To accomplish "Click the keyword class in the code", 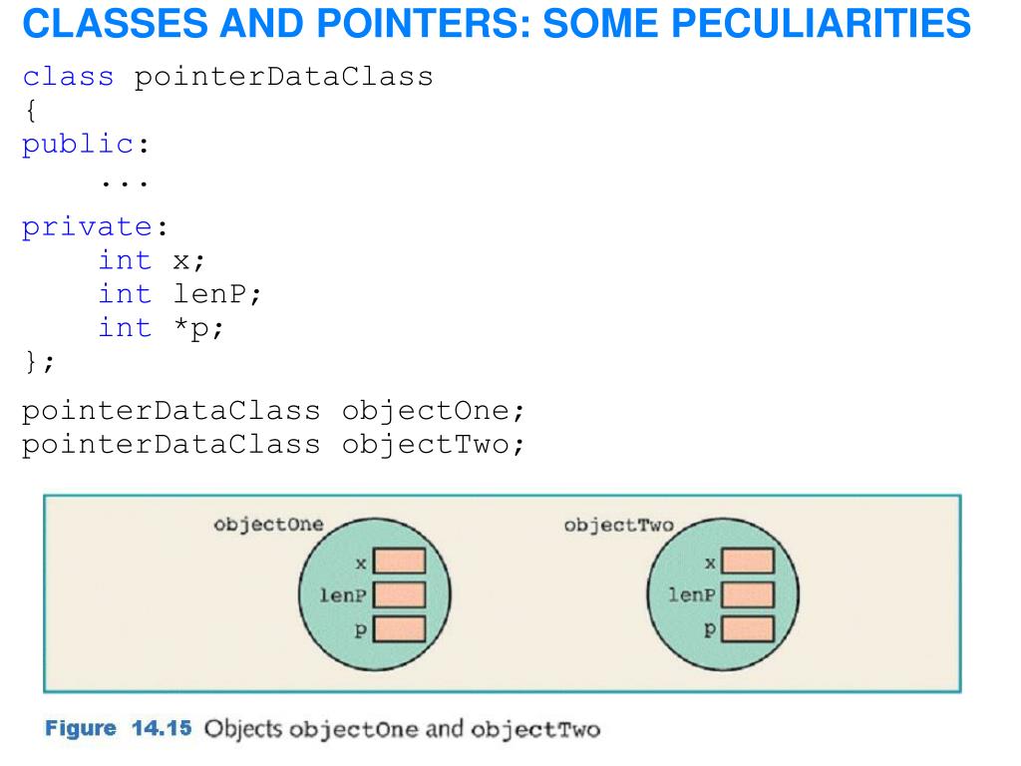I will [x=68, y=77].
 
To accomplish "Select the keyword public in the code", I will [x=78, y=145].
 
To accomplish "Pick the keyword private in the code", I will [x=86, y=226].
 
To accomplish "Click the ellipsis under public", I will [x=124, y=184].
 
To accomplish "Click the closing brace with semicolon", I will [x=39, y=361].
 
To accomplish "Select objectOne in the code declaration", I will [x=432, y=411].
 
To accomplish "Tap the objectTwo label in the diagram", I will [x=618, y=525].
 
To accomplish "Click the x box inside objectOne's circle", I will [x=399, y=563].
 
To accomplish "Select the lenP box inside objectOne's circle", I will [x=399, y=595].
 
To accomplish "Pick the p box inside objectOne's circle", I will [x=399, y=628].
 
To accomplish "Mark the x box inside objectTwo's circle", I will [x=748, y=563].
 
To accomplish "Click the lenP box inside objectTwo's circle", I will [x=748, y=595].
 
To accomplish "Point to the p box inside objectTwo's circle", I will [x=748, y=628].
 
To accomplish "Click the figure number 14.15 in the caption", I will [x=163, y=728].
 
